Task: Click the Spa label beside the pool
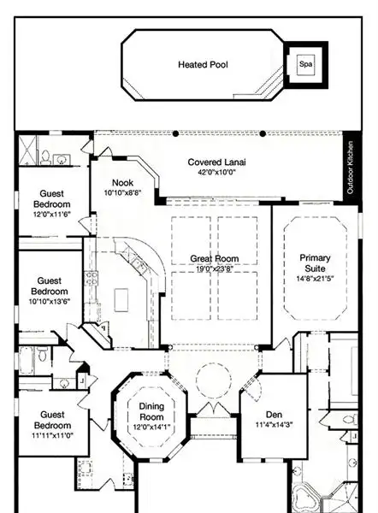click(x=305, y=64)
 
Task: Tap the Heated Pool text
click(x=203, y=64)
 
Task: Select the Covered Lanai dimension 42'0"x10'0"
click(x=216, y=173)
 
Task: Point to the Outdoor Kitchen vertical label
click(x=350, y=168)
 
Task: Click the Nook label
click(x=123, y=183)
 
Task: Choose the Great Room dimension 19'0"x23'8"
click(x=215, y=269)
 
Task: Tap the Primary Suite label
click(x=315, y=263)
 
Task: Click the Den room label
click(x=274, y=415)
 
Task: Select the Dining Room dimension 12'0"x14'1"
click(x=151, y=427)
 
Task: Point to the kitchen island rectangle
click(x=121, y=300)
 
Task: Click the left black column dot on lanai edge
click(x=176, y=133)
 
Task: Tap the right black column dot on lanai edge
click(x=263, y=133)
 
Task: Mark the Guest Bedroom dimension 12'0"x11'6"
click(x=52, y=215)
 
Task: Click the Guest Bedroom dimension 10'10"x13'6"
click(x=50, y=301)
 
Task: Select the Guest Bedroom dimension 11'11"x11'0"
click(x=53, y=435)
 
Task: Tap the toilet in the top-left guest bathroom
click(x=46, y=157)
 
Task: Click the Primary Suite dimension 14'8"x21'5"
click(x=315, y=279)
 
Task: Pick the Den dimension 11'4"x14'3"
click(x=274, y=425)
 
